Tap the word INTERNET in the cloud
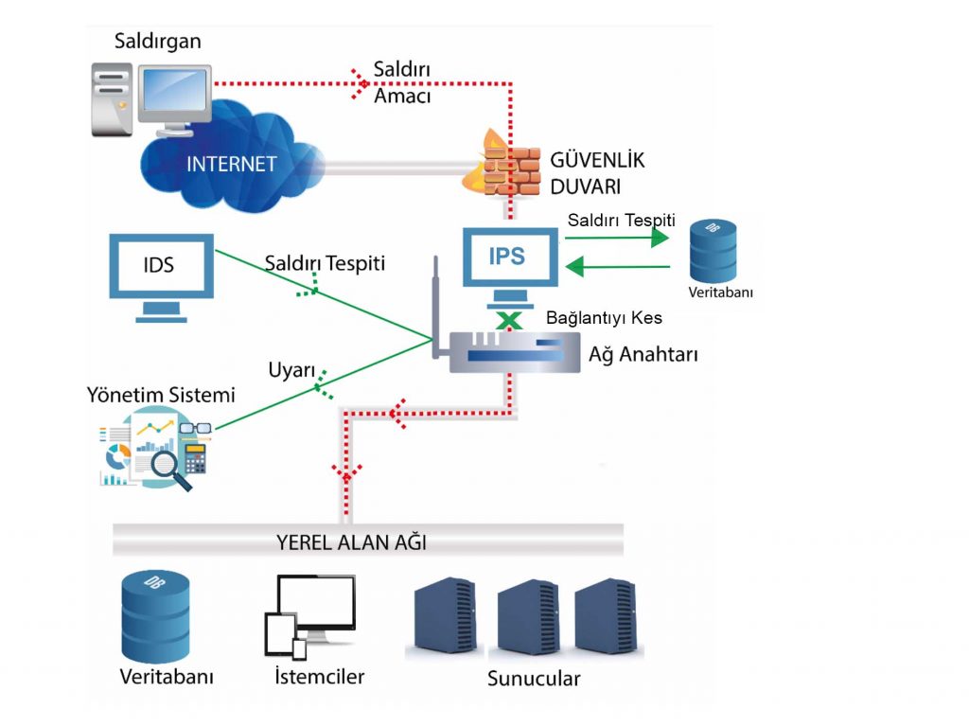click(x=232, y=164)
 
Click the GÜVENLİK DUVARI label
click(x=584, y=171)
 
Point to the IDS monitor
click(x=160, y=266)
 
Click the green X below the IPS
click(x=510, y=320)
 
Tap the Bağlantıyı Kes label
click(x=604, y=318)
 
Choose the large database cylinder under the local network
click(x=156, y=616)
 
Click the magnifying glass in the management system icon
click(x=167, y=468)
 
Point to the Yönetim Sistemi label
click(x=161, y=394)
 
